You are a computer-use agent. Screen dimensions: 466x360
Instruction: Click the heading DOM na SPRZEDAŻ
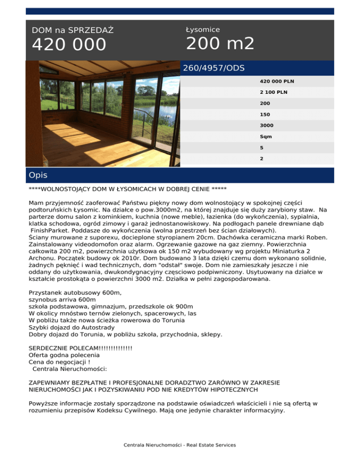pos(73,30)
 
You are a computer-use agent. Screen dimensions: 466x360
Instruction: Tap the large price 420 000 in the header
pos(69,45)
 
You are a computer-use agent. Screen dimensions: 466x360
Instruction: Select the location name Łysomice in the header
pos(203,30)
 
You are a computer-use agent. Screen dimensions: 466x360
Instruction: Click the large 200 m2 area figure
pos(220,44)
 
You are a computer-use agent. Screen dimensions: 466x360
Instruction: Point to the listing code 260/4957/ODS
pos(214,68)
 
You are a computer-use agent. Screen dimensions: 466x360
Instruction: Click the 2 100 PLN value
pos(274,92)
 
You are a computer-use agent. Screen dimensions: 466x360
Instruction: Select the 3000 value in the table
pos(267,126)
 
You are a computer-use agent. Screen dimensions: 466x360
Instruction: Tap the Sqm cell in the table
pos(266,137)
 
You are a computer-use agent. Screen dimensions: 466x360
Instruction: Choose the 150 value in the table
pos(265,114)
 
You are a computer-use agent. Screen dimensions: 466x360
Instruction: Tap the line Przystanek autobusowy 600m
pos(75,293)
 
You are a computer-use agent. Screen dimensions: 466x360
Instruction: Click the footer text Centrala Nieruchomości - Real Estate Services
pos(180,445)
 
